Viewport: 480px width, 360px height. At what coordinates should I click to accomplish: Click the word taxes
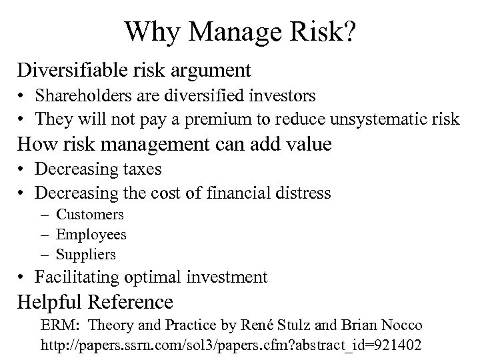140,169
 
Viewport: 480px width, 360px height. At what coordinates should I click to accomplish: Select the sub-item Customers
90,215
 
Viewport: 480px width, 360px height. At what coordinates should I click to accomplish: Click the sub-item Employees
91,235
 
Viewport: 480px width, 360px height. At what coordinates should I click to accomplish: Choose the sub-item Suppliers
86,255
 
